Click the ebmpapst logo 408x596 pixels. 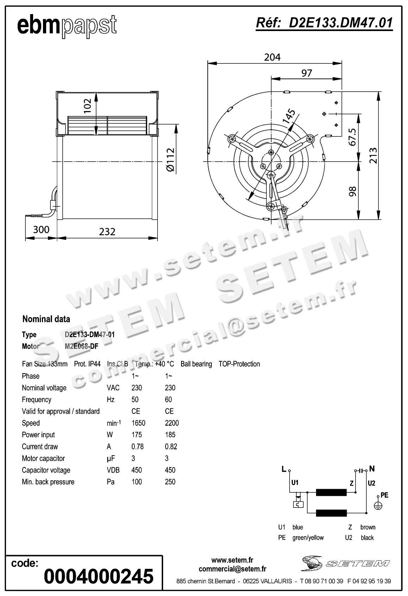67,26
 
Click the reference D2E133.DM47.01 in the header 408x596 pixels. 324,23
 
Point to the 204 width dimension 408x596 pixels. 272,57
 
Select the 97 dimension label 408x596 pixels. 307,73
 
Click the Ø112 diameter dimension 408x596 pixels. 170,160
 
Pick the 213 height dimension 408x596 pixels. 373,156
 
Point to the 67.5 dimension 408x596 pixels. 352,137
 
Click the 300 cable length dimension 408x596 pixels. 41,230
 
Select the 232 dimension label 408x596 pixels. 107,232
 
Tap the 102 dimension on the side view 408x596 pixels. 87,105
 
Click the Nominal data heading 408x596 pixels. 46,319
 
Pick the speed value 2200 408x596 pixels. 172,423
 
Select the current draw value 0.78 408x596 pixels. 137,447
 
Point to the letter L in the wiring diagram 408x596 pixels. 284,469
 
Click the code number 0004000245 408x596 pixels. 99,576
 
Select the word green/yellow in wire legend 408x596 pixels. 308,537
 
